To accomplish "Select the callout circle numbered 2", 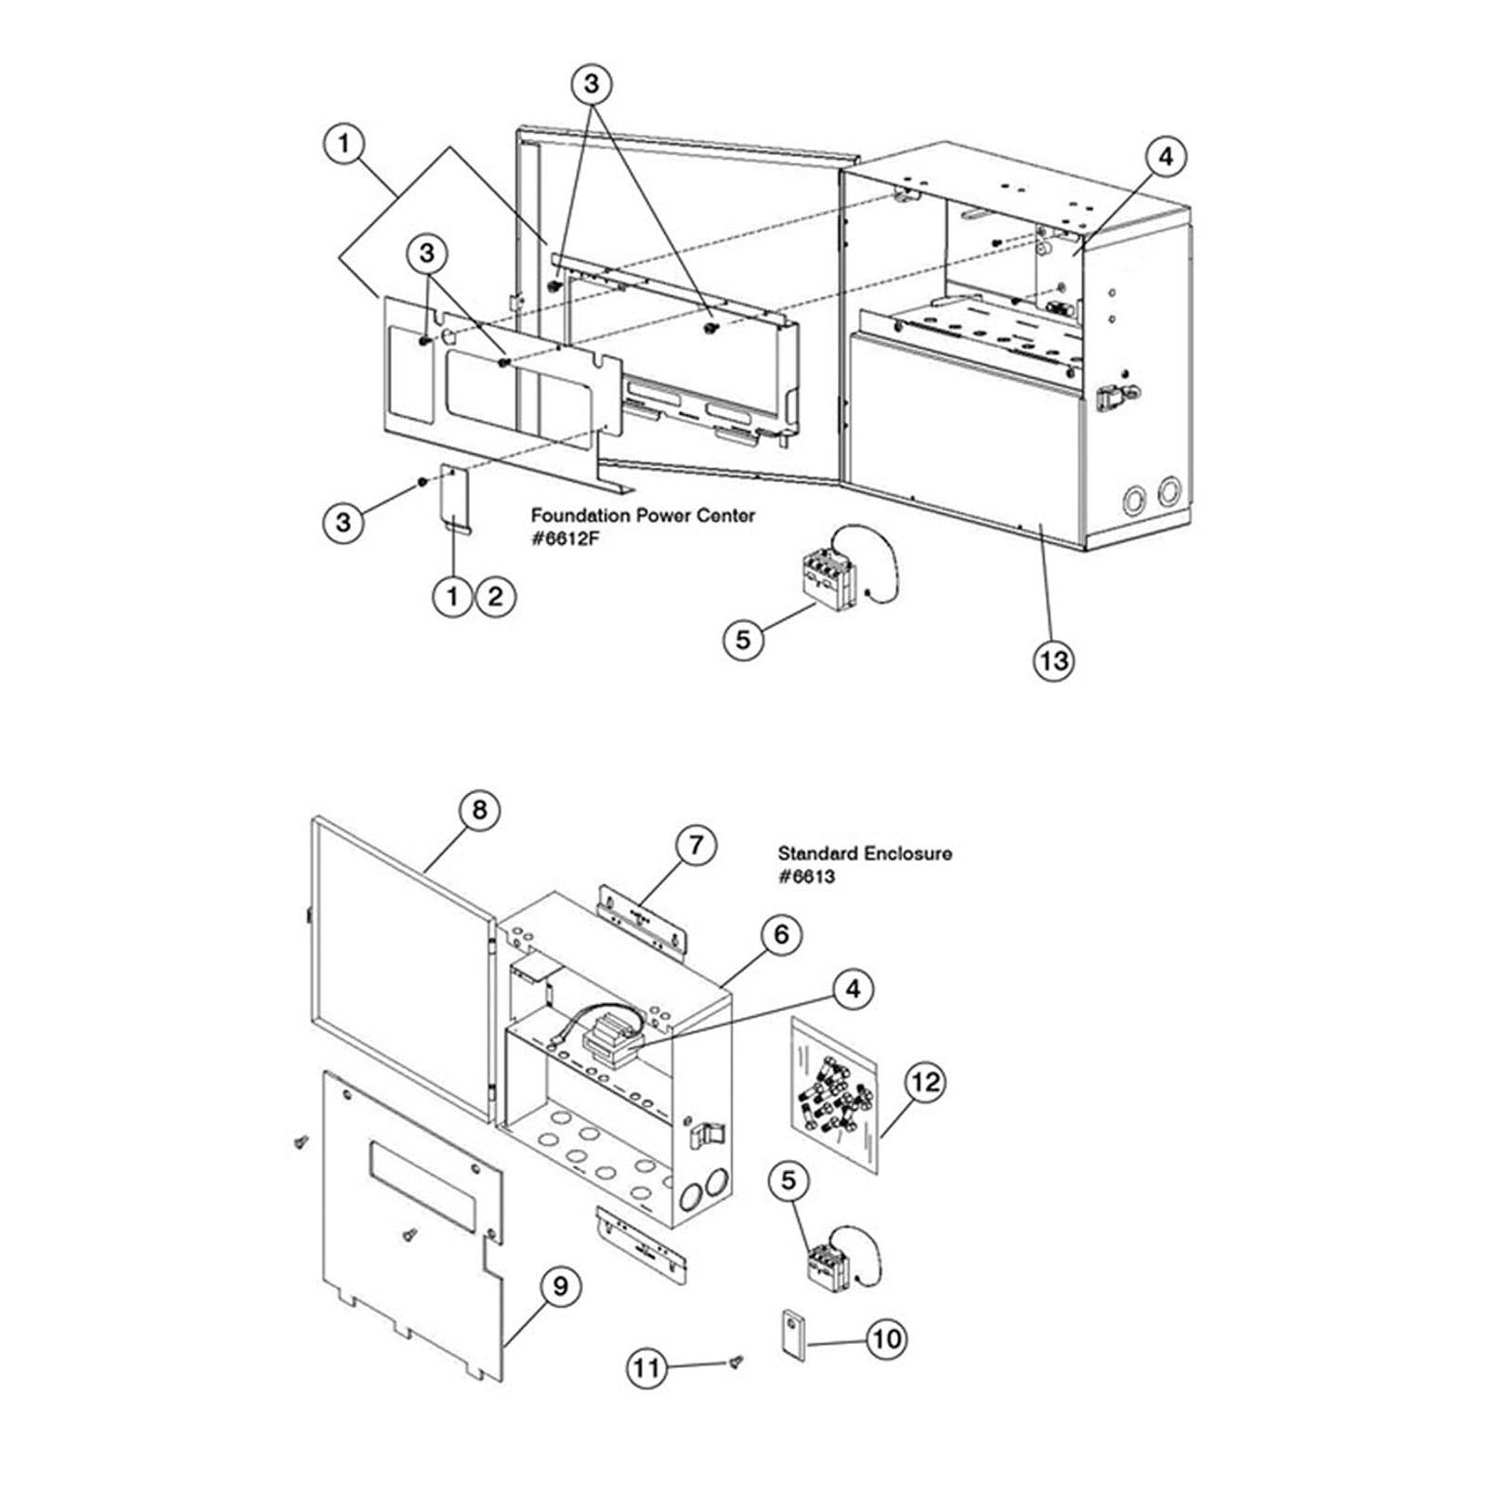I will coord(495,595).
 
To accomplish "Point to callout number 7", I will coord(696,846).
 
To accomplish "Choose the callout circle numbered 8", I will coord(479,810).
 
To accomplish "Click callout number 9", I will coord(560,1286).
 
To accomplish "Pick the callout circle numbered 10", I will coord(887,1338).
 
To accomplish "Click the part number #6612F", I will coord(563,539).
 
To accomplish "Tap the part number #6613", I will coord(806,877).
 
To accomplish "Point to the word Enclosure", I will coord(908,853).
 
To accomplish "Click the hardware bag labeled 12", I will coord(835,1095).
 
